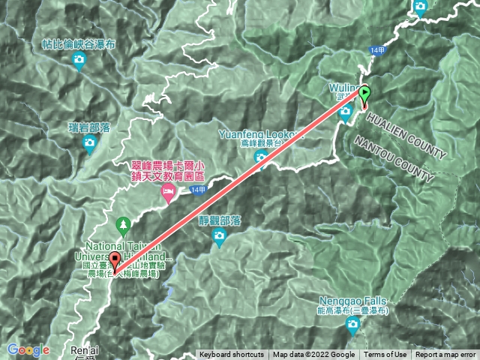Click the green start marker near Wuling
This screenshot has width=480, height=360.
(364, 94)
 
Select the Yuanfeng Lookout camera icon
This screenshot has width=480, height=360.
(260, 156)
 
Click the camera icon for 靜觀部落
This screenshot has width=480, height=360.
(219, 238)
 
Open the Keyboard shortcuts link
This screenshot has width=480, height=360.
(231, 355)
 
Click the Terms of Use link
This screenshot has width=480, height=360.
(385, 355)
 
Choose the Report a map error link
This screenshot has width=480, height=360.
(445, 355)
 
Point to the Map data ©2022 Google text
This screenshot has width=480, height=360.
(313, 355)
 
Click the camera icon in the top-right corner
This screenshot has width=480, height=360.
(420, 7)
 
